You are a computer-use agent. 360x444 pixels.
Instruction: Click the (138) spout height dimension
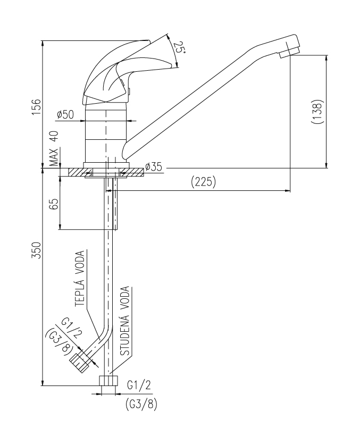[x=317, y=112]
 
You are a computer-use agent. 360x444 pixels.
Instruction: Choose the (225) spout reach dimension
[x=203, y=182]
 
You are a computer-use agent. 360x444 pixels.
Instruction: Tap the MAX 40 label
[x=54, y=148]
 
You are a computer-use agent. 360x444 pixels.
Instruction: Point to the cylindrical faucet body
[x=106, y=133]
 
